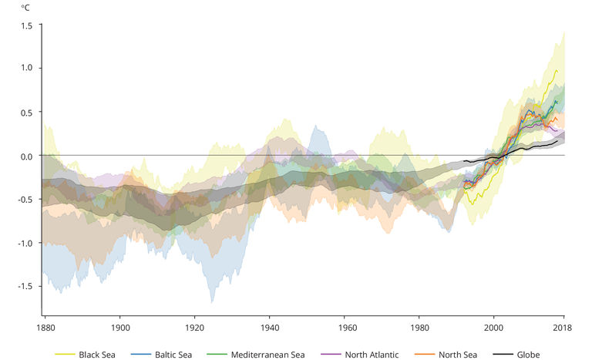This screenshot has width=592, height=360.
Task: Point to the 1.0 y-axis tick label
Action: (x=27, y=68)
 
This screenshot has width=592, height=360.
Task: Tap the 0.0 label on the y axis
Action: (x=27, y=156)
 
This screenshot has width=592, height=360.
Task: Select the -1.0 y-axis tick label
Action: (x=25, y=243)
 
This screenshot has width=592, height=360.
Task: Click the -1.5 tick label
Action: (x=25, y=286)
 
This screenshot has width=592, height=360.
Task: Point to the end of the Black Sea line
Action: (x=557, y=70)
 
